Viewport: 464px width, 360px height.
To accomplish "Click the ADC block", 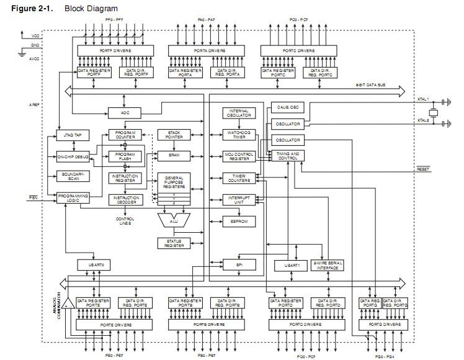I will point(125,112).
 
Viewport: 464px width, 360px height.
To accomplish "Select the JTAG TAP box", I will point(73,135).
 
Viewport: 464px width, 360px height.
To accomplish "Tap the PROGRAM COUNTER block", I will point(125,135).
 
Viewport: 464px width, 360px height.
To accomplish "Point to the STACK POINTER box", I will point(174,135).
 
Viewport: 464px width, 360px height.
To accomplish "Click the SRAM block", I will point(174,155).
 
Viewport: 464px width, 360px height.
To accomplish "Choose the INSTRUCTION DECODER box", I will point(125,200).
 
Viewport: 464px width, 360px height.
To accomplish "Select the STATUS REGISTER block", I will point(174,243).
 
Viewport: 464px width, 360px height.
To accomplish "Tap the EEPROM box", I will point(239,221).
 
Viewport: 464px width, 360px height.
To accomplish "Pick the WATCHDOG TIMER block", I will point(239,135).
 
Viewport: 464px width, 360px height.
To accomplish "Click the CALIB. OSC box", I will point(287,107).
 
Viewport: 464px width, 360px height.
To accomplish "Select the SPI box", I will point(239,264).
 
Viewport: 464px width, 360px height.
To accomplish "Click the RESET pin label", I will point(423,169).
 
